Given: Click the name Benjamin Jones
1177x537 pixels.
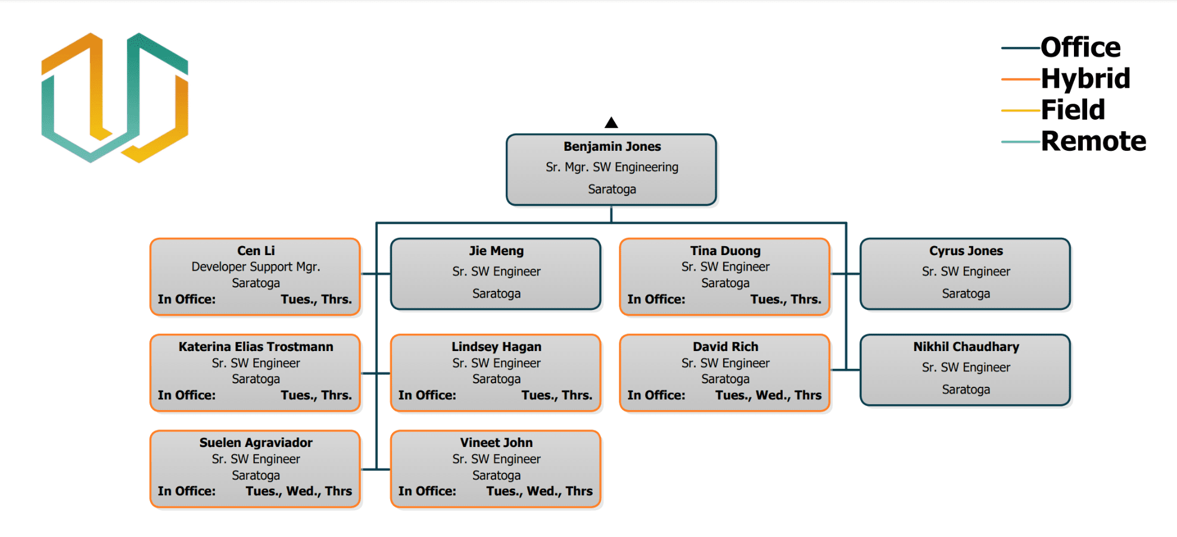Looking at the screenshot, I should [x=612, y=147].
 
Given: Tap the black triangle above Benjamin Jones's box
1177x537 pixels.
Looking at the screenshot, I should [x=611, y=123].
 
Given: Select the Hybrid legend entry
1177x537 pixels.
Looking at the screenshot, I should [x=1085, y=79].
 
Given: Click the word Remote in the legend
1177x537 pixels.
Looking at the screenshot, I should [x=1093, y=141].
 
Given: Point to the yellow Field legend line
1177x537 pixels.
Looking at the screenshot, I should [x=1020, y=110].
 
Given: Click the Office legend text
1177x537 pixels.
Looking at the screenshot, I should [x=1080, y=48].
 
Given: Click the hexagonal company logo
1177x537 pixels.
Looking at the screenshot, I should [x=114, y=98].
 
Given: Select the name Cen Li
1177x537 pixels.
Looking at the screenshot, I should [x=256, y=251].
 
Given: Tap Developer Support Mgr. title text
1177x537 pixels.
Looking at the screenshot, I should [x=256, y=267].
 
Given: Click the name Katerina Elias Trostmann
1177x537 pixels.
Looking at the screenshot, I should [x=256, y=347].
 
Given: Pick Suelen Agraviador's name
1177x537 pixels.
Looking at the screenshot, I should [x=256, y=443].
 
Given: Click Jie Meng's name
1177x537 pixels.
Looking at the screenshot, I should [x=496, y=251].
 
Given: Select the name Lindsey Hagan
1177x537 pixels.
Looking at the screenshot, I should [x=496, y=347].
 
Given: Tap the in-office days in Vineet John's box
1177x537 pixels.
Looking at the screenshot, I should [x=539, y=491].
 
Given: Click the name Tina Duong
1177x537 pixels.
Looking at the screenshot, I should [x=725, y=251].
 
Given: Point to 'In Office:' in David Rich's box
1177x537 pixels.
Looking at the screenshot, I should [x=656, y=395].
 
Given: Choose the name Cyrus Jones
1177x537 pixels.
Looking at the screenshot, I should [x=966, y=251].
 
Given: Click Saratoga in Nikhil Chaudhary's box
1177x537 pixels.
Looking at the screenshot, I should [x=966, y=390].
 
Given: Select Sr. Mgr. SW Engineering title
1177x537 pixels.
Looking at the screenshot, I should [x=612, y=167].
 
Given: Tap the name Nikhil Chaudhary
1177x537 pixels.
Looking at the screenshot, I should [x=966, y=347].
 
